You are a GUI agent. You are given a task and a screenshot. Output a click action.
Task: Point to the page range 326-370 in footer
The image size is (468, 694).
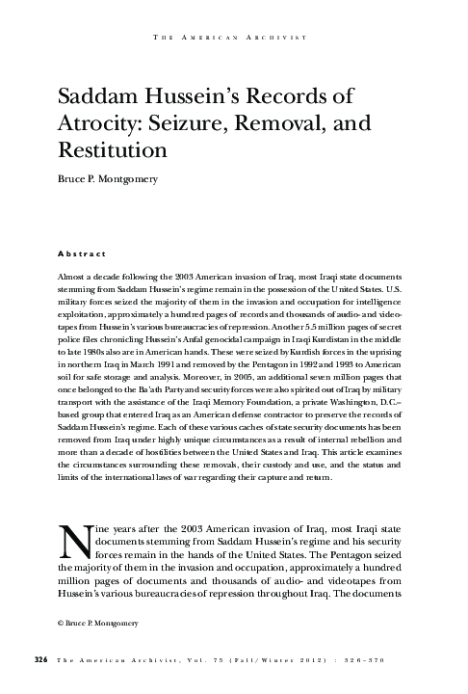coord(378,659)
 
